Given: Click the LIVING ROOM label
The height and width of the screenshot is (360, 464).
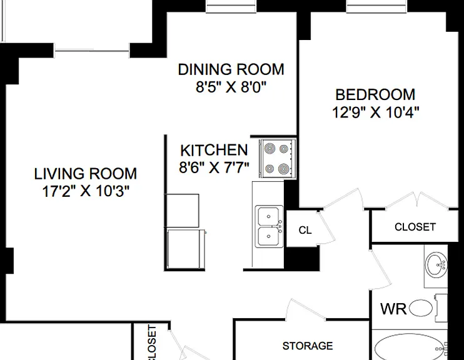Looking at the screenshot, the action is point(86,174).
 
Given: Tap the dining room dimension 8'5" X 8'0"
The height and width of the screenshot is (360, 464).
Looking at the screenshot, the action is point(231,87).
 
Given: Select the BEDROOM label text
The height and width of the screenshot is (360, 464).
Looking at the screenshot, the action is point(375,94).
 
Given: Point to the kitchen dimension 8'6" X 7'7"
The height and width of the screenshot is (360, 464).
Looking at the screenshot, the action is point(214,167).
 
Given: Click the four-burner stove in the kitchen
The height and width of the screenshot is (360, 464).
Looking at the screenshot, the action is point(278,158).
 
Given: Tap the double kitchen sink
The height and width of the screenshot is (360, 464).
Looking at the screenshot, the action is point(269,226).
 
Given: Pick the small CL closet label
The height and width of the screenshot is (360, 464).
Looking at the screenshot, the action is point(305,230).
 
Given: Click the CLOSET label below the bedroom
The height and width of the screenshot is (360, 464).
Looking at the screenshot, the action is point(415,227).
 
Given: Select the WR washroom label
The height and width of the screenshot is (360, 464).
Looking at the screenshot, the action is point(393,309).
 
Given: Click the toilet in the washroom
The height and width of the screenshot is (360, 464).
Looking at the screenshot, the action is point(428,308).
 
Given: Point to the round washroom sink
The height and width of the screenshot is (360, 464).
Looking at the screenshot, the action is point(436,265).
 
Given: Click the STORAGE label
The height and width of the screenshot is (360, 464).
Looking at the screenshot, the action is point(308,346).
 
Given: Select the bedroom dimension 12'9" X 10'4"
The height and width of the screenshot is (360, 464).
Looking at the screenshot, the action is point(376,112).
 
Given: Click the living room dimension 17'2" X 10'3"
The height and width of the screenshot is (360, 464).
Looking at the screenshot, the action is point(86,191).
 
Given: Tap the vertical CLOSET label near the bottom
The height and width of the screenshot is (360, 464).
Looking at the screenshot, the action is point(152,342).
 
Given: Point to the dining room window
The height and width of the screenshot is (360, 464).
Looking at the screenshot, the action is point(231,6).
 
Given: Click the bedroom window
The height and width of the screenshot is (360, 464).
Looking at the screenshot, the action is point(376,6).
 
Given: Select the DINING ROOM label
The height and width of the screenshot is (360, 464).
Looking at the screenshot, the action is point(231,69).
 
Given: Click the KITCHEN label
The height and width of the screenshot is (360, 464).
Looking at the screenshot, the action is point(214,150).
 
